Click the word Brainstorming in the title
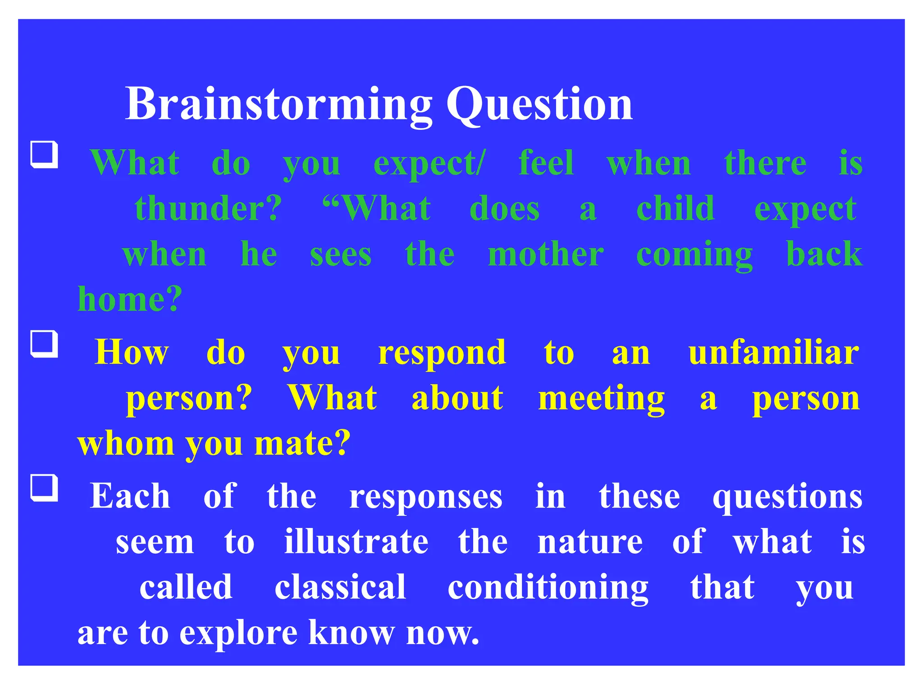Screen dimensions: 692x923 [278, 105]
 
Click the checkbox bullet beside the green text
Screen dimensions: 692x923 [44, 155]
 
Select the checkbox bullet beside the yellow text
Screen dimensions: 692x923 [44, 344]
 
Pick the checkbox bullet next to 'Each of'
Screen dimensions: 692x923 [44, 488]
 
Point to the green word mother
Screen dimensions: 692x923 [545, 255]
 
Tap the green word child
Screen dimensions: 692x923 [675, 209]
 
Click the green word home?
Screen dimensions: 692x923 [130, 300]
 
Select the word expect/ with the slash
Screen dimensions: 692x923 [430, 164]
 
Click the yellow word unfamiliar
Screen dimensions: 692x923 [773, 353]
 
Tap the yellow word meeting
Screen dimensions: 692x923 [601, 399]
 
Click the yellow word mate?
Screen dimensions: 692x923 [302, 444]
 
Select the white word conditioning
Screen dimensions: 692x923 [548, 588]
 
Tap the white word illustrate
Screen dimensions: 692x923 [356, 542]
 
